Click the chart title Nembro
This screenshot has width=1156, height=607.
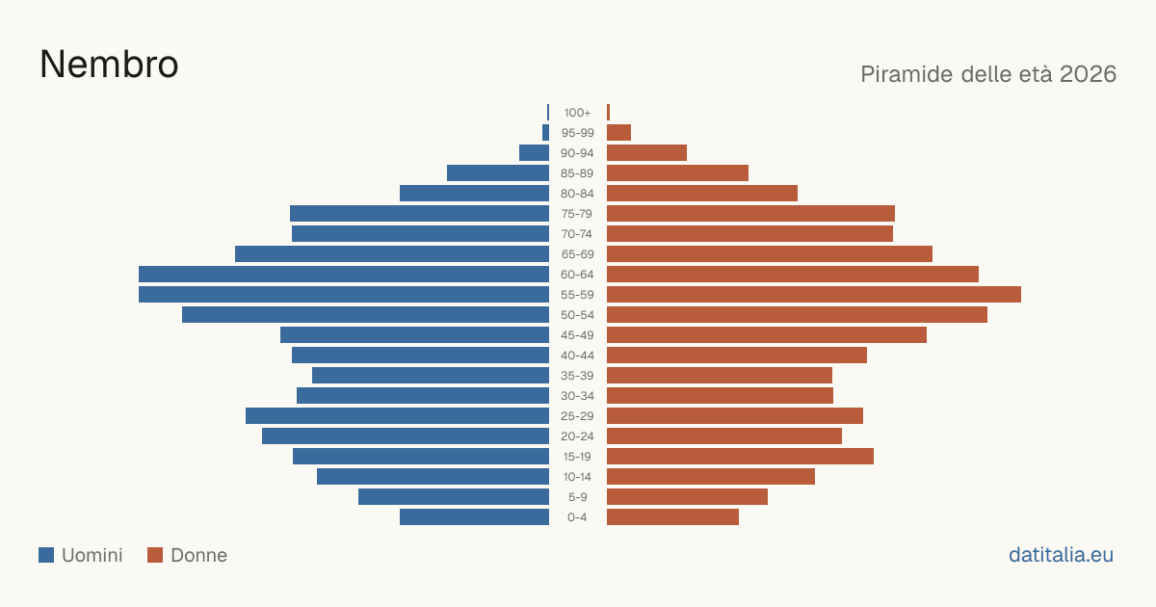(x=109, y=65)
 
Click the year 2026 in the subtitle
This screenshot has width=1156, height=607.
(x=1088, y=74)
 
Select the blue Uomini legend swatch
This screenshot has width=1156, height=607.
(x=46, y=555)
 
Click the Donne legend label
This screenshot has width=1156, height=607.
(x=198, y=555)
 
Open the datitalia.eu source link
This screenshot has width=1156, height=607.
(x=1061, y=555)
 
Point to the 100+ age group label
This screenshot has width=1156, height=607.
(x=577, y=113)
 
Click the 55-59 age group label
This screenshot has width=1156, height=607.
(x=577, y=295)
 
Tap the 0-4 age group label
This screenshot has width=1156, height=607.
(x=577, y=517)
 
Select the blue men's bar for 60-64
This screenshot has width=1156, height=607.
(x=344, y=274)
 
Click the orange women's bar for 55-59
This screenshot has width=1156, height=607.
(x=814, y=294)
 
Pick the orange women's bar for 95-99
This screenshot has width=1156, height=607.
(x=618, y=133)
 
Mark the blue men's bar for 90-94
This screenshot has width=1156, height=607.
(x=534, y=153)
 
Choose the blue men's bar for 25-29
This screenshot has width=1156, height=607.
(x=397, y=416)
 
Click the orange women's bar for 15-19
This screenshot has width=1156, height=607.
(x=740, y=457)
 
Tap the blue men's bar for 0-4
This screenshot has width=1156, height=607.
(x=474, y=517)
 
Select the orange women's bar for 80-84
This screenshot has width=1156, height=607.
(x=702, y=193)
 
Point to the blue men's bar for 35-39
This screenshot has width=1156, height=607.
(x=431, y=375)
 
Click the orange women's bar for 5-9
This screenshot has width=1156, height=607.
(x=687, y=497)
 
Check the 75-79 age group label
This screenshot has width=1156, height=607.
(x=577, y=214)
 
